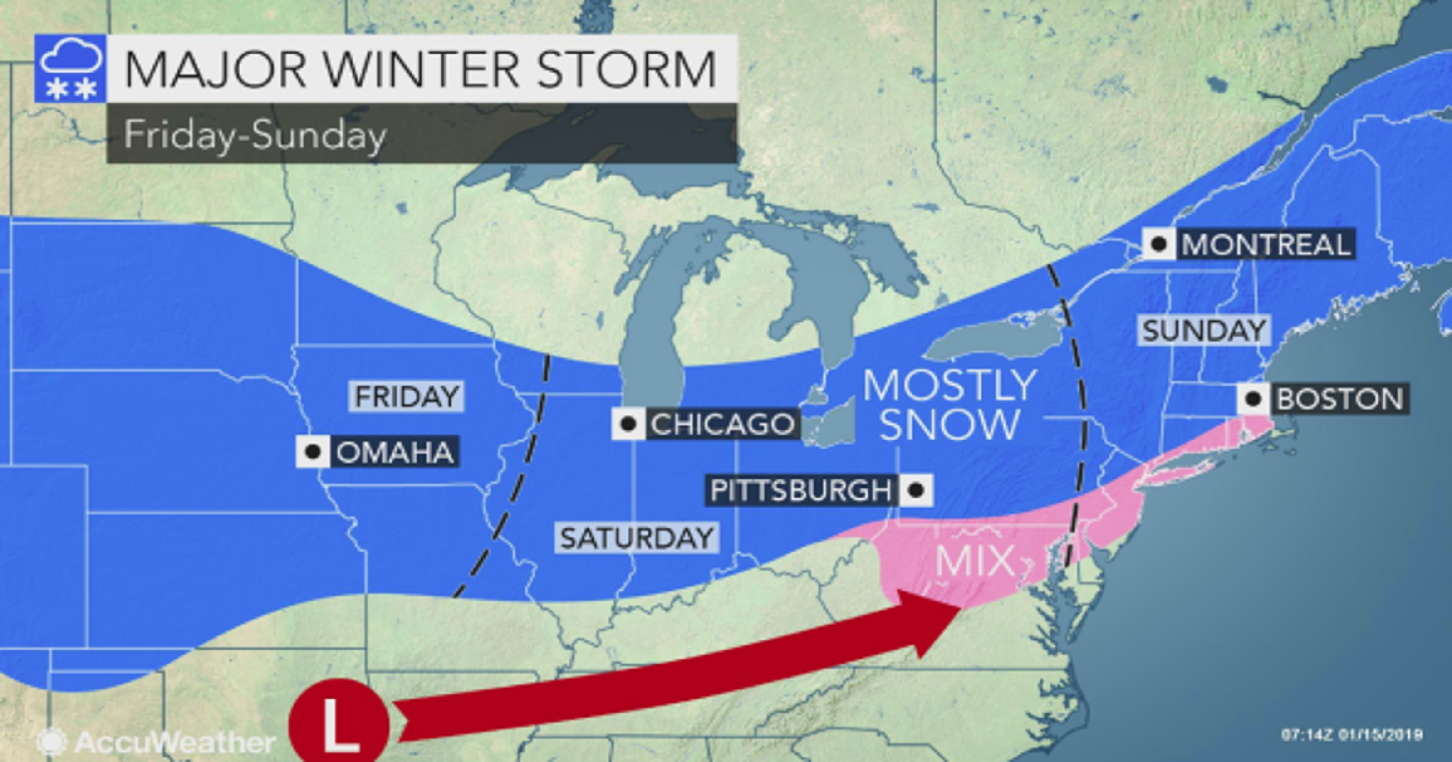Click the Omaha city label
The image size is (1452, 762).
pos(395,452)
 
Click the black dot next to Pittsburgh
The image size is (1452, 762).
pos(916,490)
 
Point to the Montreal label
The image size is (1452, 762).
pos(1266,244)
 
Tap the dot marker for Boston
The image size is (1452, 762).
pos(1253,399)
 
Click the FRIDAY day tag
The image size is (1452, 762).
pos(407,396)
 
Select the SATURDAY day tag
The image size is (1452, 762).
pos(637,537)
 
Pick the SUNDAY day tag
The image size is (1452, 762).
pos(1205,330)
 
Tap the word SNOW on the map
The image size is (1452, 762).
pos(950,424)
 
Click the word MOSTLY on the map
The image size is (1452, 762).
pos(950,386)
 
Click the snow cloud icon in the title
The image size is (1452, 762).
pos(70,69)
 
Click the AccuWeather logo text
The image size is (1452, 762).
pos(175,742)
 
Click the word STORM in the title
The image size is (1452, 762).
pos(626,69)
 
